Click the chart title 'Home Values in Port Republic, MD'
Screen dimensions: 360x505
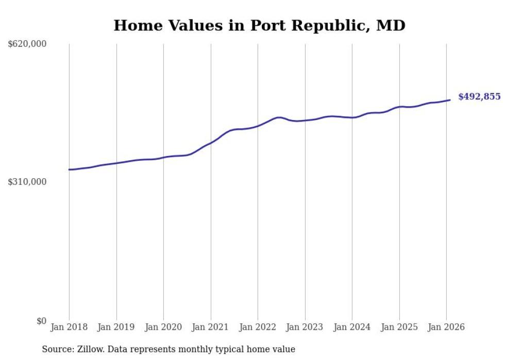tap(259, 25)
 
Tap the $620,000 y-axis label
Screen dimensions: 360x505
tap(27, 44)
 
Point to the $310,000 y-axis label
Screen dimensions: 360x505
tap(27, 182)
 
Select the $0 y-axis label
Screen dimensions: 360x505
tap(41, 321)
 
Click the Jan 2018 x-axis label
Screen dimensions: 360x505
tap(69, 327)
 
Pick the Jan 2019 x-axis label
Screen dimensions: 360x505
tap(116, 327)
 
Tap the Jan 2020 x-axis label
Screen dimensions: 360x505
tap(163, 327)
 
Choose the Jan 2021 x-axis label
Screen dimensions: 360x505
tap(211, 327)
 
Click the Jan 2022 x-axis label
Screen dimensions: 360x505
tap(258, 327)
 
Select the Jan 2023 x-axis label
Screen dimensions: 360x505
tap(305, 327)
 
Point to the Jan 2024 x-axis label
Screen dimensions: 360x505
tap(352, 327)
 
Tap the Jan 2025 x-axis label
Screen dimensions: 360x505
tap(399, 327)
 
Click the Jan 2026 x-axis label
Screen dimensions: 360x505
tap(446, 327)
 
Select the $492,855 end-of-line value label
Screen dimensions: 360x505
tap(479, 97)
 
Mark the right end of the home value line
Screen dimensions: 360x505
tap(450, 100)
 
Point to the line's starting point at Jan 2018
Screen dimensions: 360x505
tap(69, 169)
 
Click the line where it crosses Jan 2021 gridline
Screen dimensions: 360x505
tap(211, 142)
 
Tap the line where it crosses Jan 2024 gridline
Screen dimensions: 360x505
tap(352, 117)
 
